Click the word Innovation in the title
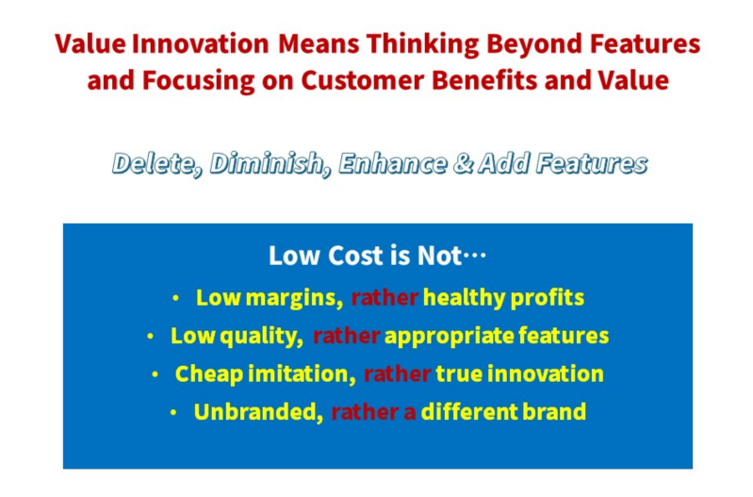pyautogui.click(x=200, y=43)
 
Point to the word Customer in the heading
pyautogui.click(x=362, y=80)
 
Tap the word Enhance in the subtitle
pyautogui.click(x=393, y=164)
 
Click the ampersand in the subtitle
pyautogui.click(x=463, y=164)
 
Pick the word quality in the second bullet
pyautogui.click(x=261, y=337)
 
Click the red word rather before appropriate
pyautogui.click(x=346, y=337)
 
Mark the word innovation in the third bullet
pyautogui.click(x=545, y=374)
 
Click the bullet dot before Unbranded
pyautogui.click(x=173, y=412)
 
